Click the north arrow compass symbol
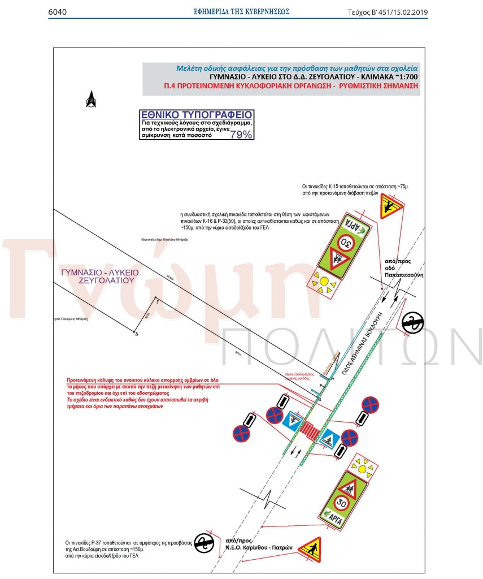[x=91, y=100]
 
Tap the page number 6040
[x=58, y=11]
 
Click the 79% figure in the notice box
[x=241, y=135]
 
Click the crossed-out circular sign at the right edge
[x=413, y=323]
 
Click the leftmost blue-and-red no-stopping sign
[x=241, y=433]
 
